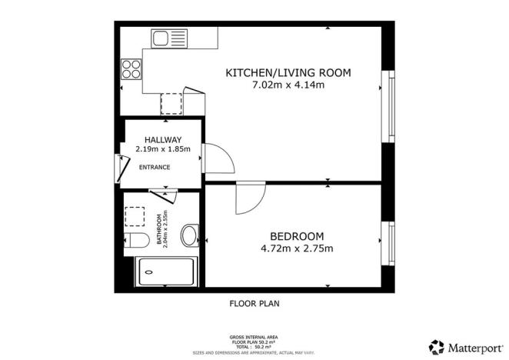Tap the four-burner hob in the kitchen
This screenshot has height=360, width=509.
[x=130, y=70]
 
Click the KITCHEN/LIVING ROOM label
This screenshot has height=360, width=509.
[x=288, y=73]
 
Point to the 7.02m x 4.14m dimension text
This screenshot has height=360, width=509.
[x=288, y=85]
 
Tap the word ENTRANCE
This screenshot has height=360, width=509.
[x=155, y=167]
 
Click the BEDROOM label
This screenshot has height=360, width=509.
[x=296, y=236]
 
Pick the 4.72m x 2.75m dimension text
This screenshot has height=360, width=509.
[x=297, y=248]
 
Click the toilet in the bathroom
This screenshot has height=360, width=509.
[x=135, y=241]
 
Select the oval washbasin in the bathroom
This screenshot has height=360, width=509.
[x=189, y=234]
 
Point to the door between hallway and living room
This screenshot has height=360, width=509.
[x=218, y=159]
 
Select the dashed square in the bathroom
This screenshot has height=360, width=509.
[x=135, y=214]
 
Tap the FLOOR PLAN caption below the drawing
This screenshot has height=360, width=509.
[x=254, y=303]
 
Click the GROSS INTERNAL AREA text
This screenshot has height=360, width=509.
[x=254, y=337]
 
